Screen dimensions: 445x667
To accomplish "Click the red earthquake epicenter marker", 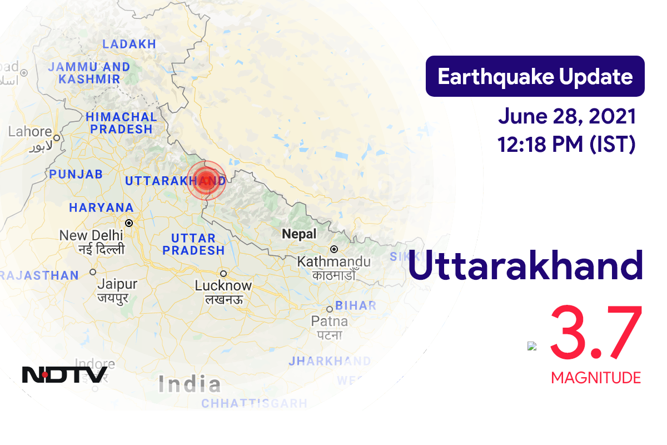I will [206, 180].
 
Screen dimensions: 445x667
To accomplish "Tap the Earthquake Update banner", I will [535, 76].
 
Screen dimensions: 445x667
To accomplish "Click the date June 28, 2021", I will [567, 117].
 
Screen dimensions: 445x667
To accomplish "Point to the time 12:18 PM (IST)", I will [567, 144].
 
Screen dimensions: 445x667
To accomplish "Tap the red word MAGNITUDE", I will [596, 378].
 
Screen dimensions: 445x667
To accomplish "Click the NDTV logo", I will [64, 374].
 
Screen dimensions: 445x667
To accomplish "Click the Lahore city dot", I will [56, 136].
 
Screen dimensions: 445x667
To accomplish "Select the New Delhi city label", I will [92, 236].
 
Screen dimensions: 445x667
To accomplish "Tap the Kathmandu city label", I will [333, 261].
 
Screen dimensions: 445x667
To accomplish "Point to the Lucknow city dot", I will [223, 274].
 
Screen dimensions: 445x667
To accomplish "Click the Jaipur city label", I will [117, 284].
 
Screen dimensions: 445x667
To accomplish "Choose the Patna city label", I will [329, 322].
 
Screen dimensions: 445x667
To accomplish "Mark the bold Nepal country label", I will [299, 234].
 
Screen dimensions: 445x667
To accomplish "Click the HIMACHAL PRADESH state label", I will [122, 123].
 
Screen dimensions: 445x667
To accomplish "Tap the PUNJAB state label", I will [76, 174].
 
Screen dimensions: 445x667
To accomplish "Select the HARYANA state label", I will [101, 207].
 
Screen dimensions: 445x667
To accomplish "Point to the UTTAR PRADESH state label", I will [193, 244].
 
